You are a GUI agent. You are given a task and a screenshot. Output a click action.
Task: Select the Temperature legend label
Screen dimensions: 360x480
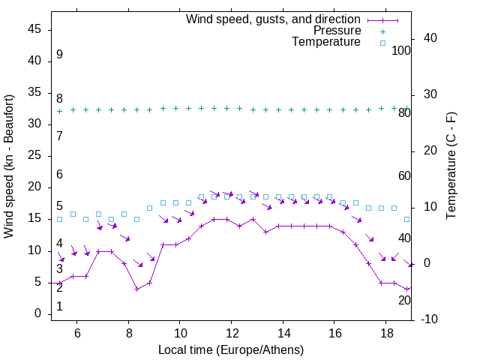click(326, 42)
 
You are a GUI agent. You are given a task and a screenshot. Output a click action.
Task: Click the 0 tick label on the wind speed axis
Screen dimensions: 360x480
click(37, 314)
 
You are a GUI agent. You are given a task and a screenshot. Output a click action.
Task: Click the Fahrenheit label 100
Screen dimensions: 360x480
click(401, 50)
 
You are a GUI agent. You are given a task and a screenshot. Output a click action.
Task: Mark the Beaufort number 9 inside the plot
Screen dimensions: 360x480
click(59, 55)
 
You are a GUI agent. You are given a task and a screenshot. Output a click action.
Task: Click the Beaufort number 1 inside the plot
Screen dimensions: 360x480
click(59, 307)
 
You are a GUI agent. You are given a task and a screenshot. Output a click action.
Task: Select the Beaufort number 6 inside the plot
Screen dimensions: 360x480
click(59, 175)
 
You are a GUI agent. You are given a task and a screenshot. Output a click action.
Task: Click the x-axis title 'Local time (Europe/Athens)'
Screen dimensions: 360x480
click(231, 349)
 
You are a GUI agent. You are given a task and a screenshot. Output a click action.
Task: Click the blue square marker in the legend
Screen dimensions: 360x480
click(382, 43)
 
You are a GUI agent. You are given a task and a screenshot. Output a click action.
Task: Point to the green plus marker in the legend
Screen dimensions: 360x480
click(382, 31)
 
